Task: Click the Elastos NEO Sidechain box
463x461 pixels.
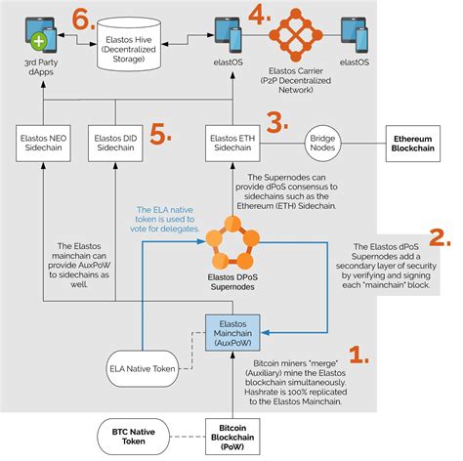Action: coord(42,145)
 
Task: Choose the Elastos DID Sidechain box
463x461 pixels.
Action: coord(115,145)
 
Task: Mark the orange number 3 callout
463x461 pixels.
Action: coord(277,123)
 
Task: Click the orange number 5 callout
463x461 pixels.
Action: coord(160,134)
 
